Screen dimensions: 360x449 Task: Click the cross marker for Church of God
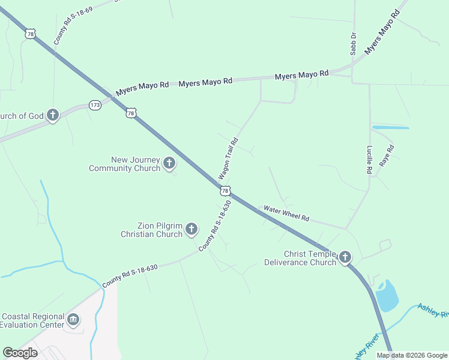53,115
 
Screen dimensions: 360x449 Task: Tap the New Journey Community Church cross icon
169,163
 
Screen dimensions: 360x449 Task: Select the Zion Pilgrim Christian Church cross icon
191,229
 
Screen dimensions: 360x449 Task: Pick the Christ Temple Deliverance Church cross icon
345,258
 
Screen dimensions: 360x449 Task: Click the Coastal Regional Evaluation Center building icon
74,319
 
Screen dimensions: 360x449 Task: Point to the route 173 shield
95,105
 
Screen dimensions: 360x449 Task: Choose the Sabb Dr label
354,44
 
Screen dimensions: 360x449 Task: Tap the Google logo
20,353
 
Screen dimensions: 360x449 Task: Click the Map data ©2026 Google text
412,355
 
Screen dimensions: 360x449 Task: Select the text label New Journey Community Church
124,164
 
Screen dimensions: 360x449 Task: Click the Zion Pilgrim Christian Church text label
151,230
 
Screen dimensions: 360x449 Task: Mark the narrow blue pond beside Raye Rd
390,127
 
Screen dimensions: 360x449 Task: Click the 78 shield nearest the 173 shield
131,113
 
